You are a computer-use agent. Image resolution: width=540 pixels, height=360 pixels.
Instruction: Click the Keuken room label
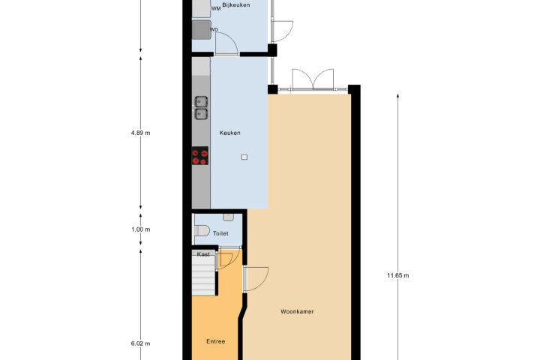click(x=229, y=133)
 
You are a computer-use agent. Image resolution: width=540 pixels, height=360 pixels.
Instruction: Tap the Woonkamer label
click(x=297, y=312)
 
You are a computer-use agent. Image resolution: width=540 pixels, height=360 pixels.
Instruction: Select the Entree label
click(x=215, y=341)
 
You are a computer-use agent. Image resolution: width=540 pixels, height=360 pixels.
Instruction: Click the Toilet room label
click(x=220, y=233)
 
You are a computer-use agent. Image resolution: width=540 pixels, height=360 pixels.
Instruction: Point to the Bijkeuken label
click(x=236, y=4)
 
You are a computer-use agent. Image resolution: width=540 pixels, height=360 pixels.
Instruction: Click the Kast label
click(x=203, y=254)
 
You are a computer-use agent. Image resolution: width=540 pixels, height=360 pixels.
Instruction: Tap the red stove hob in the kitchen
click(x=200, y=156)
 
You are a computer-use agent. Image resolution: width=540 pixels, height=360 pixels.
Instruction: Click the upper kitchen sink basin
click(x=201, y=102)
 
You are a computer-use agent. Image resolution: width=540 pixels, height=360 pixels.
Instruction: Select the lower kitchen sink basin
click(x=201, y=114)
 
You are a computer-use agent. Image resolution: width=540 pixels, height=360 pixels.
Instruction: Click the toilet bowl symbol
click(x=202, y=230)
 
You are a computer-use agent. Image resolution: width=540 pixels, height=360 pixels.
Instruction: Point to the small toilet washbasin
click(x=228, y=217)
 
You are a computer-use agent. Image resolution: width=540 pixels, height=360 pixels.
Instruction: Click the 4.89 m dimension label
click(x=140, y=133)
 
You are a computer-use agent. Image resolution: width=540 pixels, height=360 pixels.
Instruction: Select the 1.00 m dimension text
click(x=140, y=229)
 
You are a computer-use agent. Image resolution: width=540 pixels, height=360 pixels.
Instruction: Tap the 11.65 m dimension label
click(x=398, y=275)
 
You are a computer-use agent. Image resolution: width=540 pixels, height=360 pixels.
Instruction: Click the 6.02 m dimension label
click(x=140, y=343)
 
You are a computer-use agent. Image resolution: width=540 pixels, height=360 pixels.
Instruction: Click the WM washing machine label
click(x=216, y=8)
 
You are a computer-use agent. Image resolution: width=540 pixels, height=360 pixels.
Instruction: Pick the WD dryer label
click(x=214, y=30)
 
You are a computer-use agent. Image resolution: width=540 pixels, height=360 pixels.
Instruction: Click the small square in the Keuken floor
click(x=244, y=157)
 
